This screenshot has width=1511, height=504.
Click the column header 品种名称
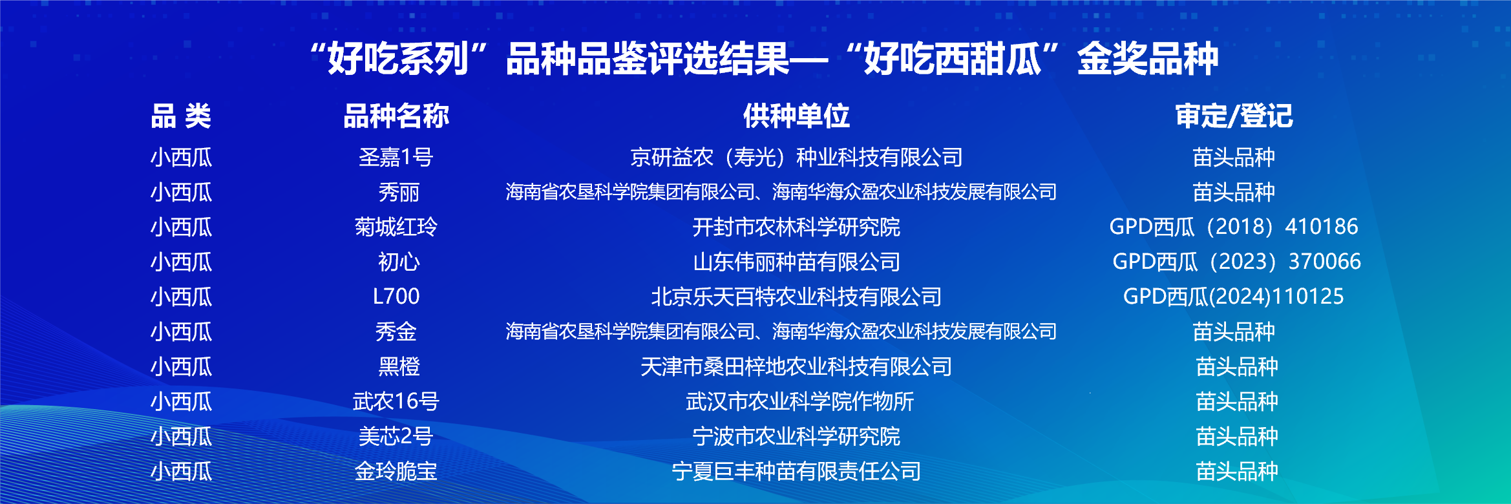[396, 116]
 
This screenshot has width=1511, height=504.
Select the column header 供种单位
[796, 116]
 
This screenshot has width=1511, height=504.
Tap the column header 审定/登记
[1234, 116]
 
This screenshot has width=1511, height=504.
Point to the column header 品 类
[181, 116]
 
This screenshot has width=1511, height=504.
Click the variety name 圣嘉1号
[396, 157]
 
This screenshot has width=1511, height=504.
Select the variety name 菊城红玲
[396, 227]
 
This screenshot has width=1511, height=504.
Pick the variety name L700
[396, 297]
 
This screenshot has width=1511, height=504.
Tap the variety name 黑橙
[399, 366]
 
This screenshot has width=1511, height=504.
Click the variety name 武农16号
[396, 401]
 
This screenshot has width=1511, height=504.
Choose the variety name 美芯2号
[396, 436]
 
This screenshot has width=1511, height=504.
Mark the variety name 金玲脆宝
[396, 471]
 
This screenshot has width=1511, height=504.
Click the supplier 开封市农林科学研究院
[796, 227]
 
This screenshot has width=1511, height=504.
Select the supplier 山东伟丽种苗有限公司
[796, 262]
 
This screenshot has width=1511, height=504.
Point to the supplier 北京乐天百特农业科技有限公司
[796, 297]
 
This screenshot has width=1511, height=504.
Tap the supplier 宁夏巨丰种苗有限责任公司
[796, 471]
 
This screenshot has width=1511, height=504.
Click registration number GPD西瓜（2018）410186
[1234, 227]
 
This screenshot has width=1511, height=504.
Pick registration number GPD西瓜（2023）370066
[1236, 262]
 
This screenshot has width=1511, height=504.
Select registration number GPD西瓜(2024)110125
[1234, 297]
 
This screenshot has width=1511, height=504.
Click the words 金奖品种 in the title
[1148, 59]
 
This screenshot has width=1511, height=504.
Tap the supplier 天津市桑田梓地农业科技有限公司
[796, 366]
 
